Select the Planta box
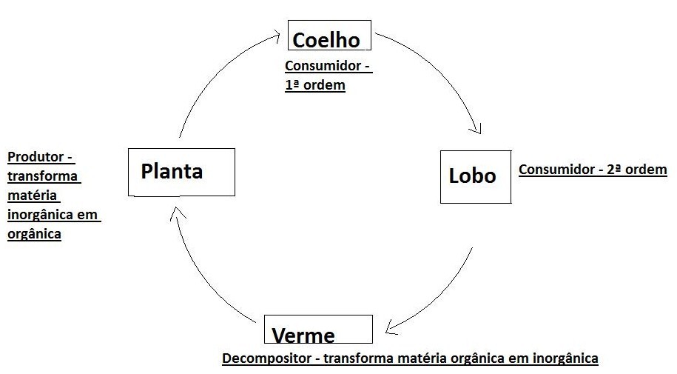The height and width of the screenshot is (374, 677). pyautogui.click(x=181, y=172)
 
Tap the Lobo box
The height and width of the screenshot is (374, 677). pyautogui.click(x=475, y=176)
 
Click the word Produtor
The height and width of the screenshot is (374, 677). pyautogui.click(x=37, y=158)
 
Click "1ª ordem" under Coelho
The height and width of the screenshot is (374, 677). pyautogui.click(x=316, y=85)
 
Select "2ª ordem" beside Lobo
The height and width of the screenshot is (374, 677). pyautogui.click(x=637, y=170)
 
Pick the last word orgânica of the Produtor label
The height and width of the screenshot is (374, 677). pyautogui.click(x=34, y=235)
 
